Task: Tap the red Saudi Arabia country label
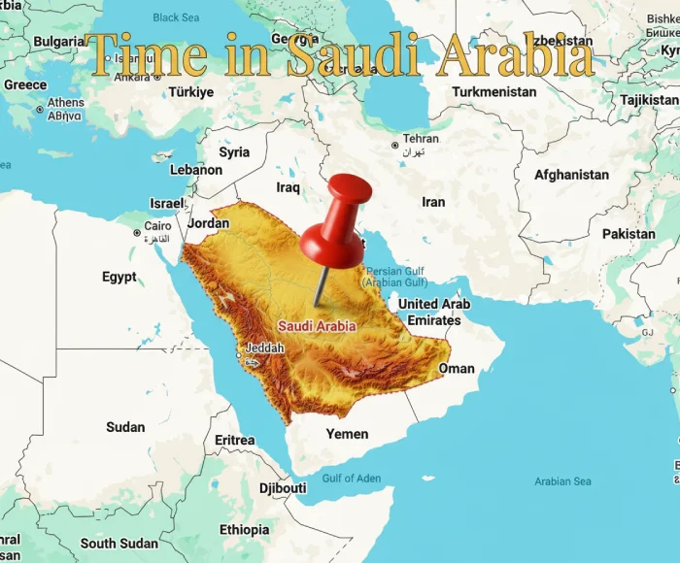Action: tap(317, 327)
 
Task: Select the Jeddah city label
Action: tap(264, 348)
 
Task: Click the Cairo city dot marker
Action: tap(137, 232)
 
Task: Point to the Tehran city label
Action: tap(421, 139)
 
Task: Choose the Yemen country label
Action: tap(347, 434)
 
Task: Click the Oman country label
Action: tap(457, 369)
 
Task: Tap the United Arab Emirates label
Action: tap(434, 312)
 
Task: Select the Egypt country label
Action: tap(119, 277)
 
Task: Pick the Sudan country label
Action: tap(125, 427)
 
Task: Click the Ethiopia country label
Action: tap(244, 530)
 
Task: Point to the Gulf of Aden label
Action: tap(352, 478)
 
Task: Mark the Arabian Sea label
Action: tap(562, 481)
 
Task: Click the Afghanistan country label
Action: tap(571, 176)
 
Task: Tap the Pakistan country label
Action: tap(629, 234)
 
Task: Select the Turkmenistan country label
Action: tap(494, 92)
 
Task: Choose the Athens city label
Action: tap(66, 103)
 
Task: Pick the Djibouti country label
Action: tap(283, 487)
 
